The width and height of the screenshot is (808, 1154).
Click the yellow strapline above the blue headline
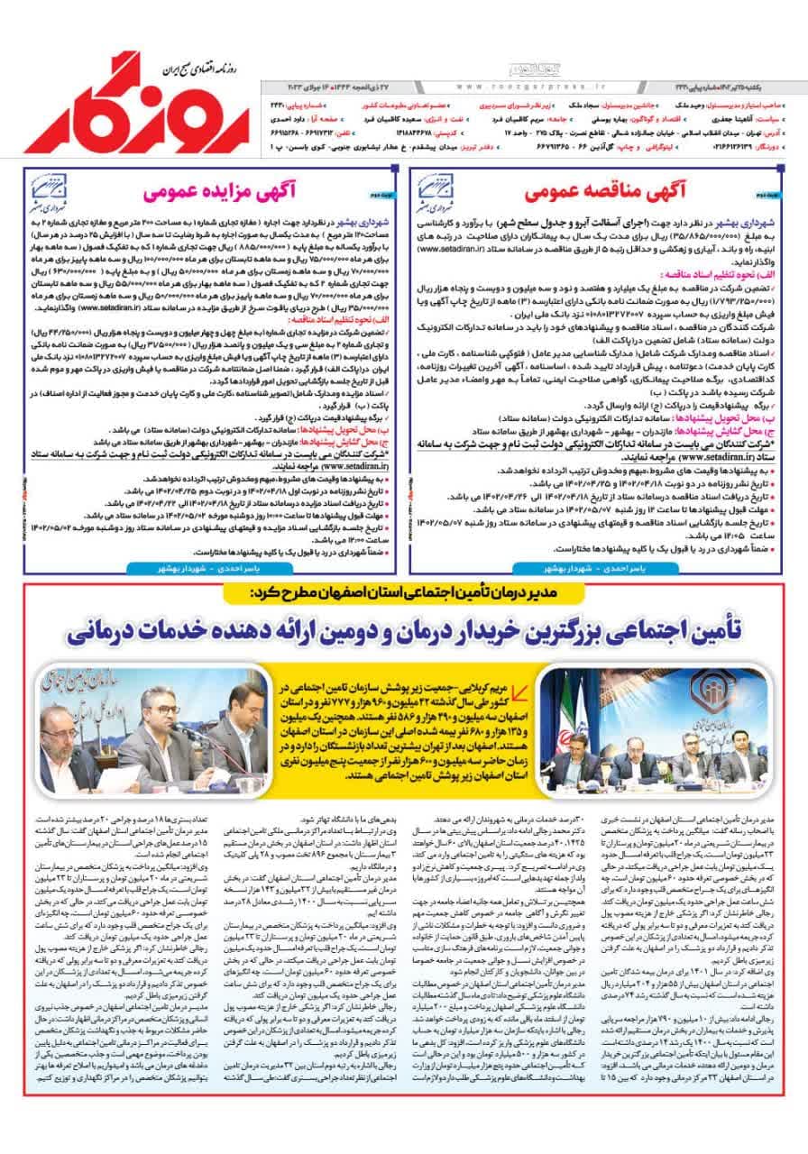point(406,595)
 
